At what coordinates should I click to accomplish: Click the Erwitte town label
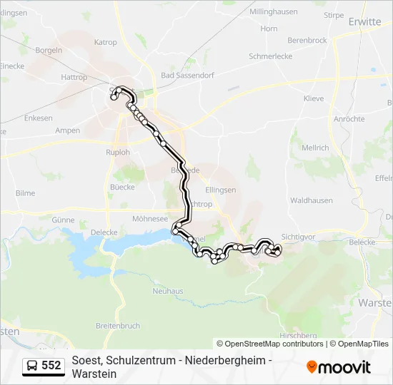coord(364,22)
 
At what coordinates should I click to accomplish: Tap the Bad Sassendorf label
coord(188,75)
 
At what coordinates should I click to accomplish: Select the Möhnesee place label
coord(150,220)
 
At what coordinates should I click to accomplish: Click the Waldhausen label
coord(312,201)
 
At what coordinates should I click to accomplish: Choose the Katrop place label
coord(105,43)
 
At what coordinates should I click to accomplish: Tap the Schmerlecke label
coord(272,56)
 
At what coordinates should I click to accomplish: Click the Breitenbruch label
coord(117,326)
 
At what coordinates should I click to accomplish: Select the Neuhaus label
coord(168,291)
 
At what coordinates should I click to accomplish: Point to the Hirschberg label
coord(299,335)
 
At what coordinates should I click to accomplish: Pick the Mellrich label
coord(315,148)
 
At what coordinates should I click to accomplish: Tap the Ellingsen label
coord(220,190)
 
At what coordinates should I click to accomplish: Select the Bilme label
coord(25,193)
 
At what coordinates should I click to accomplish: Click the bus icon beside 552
coord(32,366)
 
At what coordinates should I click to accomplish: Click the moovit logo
coord(339,367)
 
